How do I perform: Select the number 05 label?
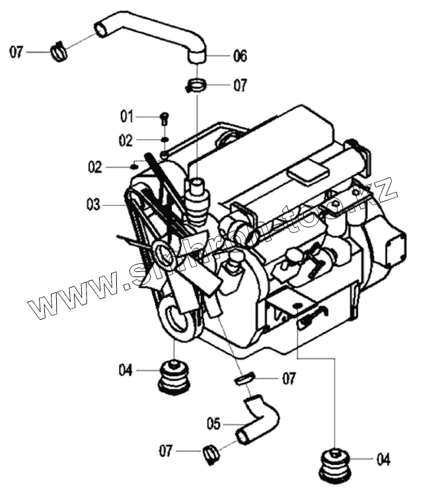(x=213, y=422)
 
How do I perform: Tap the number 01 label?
(x=126, y=117)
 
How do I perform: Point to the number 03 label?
(x=92, y=205)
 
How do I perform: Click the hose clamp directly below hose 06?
(x=196, y=84)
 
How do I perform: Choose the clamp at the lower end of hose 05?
(x=211, y=453)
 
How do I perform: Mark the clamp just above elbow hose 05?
(x=244, y=379)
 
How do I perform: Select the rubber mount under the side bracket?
(x=337, y=465)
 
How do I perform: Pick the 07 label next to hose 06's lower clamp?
(x=238, y=85)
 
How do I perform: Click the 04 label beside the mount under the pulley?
(x=126, y=370)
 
